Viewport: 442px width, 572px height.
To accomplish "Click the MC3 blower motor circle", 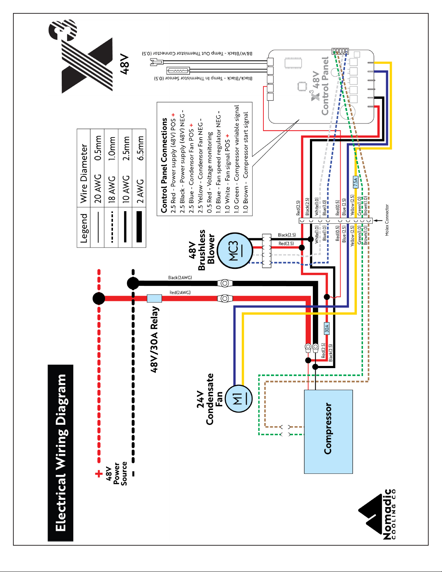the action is click(235, 250).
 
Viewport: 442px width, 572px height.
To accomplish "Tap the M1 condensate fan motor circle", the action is click(239, 398).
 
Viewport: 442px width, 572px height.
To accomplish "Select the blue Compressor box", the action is click(328, 432).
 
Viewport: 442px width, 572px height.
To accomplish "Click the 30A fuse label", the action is click(327, 328).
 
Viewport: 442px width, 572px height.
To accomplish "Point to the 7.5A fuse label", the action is click(355, 182).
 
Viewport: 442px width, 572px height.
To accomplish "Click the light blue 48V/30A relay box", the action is click(154, 298).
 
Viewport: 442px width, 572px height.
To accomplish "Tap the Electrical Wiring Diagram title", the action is click(61, 453).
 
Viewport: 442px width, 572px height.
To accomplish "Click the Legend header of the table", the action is click(83, 228).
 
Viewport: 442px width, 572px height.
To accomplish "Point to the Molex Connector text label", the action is click(387, 220).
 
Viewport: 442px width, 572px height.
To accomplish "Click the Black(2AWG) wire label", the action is click(180, 278).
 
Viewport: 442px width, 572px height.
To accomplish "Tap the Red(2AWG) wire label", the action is click(180, 292).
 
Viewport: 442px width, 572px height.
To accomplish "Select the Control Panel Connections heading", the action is click(164, 165).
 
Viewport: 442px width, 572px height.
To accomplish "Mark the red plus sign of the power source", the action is click(99, 474).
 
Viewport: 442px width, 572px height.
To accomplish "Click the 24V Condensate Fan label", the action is click(210, 399).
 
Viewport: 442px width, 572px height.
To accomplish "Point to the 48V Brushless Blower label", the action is click(202, 250).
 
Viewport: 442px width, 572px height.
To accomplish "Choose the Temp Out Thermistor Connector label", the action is click(197, 53).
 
